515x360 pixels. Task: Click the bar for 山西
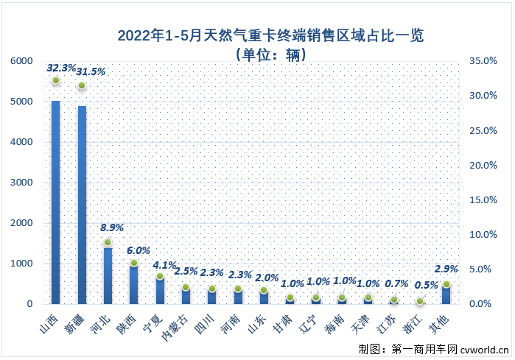[x=55, y=202]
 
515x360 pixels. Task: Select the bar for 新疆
[x=82, y=205]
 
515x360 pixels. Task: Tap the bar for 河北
[x=108, y=275]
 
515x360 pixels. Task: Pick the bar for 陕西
[x=133, y=284]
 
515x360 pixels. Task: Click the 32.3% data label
[x=61, y=68]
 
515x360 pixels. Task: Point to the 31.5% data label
[x=91, y=71]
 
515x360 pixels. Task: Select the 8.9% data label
[x=112, y=227]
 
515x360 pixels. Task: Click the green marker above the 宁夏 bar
[x=160, y=277]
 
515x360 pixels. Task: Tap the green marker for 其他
[x=446, y=284]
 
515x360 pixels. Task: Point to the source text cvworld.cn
[x=483, y=347]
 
